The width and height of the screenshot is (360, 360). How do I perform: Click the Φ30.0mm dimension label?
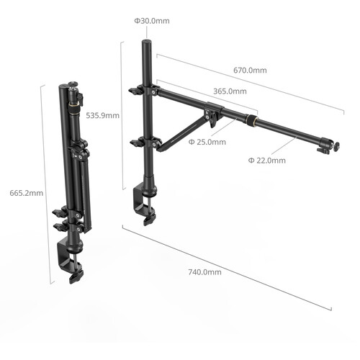(x=152, y=21)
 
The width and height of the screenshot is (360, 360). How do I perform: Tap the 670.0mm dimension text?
(x=250, y=71)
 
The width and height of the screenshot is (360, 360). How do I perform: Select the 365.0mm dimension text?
(x=230, y=91)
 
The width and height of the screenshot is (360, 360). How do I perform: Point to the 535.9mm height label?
(x=103, y=116)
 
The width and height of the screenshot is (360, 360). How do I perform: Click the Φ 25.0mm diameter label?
(x=207, y=142)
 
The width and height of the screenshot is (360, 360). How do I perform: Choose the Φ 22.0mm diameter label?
(x=267, y=161)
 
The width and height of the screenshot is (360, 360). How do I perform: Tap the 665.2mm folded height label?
(x=27, y=193)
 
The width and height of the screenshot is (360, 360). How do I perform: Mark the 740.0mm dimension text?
(x=204, y=272)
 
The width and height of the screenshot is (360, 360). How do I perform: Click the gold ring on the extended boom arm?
(x=251, y=120)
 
